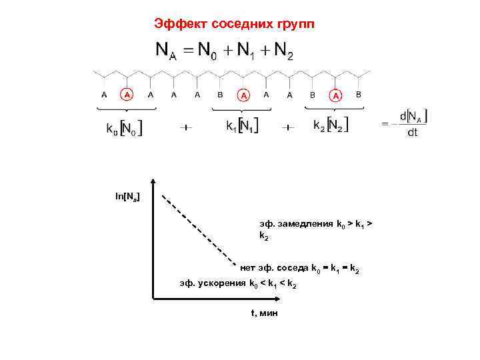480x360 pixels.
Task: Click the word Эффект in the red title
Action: click(181, 25)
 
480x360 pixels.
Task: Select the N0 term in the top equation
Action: click(205, 51)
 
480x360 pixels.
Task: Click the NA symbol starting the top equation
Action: click(166, 51)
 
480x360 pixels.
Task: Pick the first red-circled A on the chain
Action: click(127, 95)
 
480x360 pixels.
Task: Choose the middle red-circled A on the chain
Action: click(244, 96)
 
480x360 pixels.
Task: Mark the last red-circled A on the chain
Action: click(336, 96)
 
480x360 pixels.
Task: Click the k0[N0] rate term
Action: click(124, 127)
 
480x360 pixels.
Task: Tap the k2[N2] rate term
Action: click(331, 125)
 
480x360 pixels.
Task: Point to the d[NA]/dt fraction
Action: click(413, 124)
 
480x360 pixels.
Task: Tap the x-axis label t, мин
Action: click(264, 313)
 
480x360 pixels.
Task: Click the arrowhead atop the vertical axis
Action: click(154, 181)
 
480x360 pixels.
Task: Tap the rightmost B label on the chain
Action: click(359, 95)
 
